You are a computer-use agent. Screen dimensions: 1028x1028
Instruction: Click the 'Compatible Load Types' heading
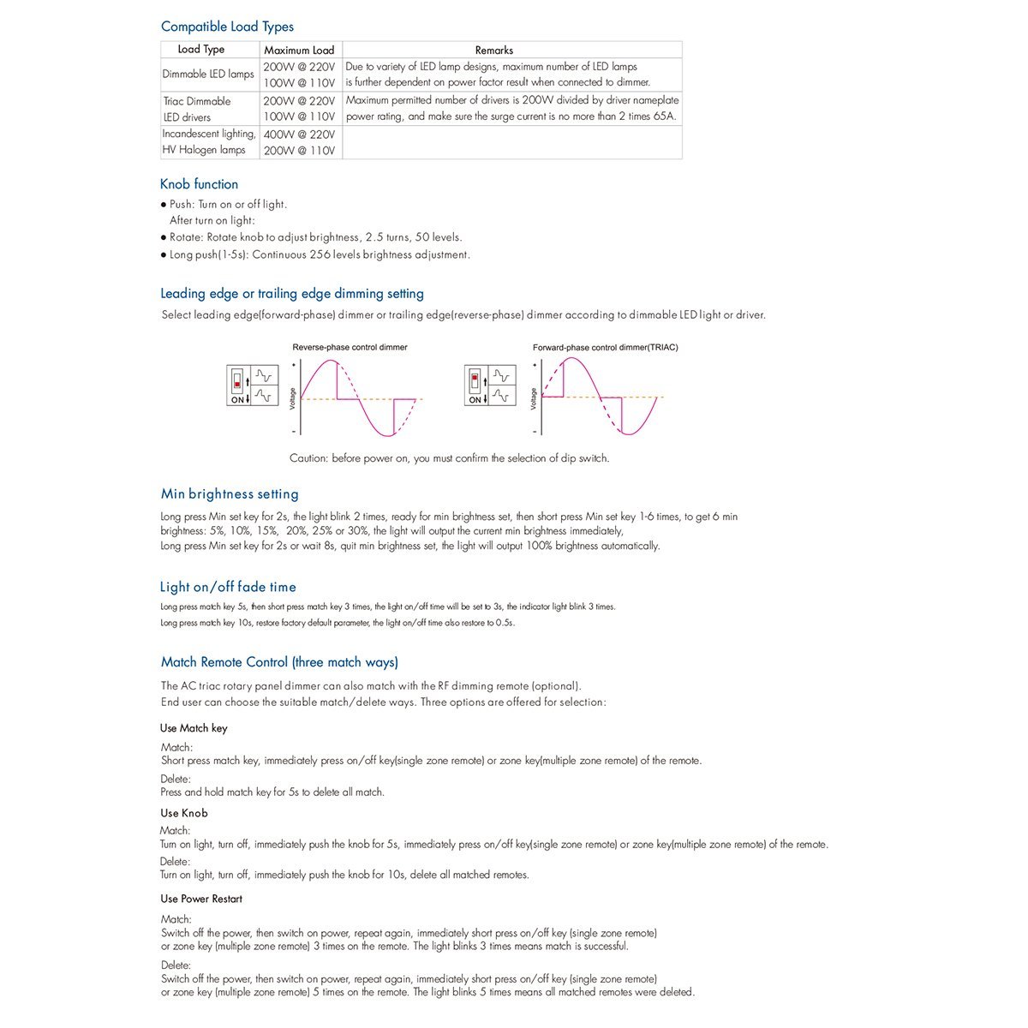coord(227,27)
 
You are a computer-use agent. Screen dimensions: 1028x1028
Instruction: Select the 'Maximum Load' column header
coord(299,51)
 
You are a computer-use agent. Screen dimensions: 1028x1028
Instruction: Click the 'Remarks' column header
coord(494,51)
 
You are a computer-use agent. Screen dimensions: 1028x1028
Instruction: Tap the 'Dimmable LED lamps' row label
coord(208,75)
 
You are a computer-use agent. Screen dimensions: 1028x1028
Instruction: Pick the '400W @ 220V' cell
coord(299,134)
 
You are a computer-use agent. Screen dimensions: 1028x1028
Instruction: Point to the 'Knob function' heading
coord(199,184)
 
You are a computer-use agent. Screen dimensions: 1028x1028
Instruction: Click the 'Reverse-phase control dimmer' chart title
coord(350,348)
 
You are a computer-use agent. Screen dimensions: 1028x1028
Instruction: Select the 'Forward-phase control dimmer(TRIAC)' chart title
coord(605,348)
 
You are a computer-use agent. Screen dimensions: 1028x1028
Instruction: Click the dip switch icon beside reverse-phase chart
coord(237,384)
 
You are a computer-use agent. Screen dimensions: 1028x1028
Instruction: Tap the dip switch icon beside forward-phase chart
coord(475,384)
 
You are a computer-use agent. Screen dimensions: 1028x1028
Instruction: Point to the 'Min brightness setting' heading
coord(230,494)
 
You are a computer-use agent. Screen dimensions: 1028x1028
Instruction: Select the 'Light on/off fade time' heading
coord(228,587)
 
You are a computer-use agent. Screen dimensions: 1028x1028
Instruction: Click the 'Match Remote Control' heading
coord(279,662)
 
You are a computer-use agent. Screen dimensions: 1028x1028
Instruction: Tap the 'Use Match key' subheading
coord(194,728)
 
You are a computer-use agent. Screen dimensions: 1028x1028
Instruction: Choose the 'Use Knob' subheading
coord(183,813)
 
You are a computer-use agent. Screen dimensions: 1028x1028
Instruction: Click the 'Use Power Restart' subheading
coord(201,899)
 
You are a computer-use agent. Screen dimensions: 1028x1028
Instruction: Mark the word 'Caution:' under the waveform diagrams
coord(308,458)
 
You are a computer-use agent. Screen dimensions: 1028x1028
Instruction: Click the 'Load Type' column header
coord(201,50)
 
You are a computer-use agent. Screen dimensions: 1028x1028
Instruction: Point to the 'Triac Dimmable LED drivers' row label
coord(197,109)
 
